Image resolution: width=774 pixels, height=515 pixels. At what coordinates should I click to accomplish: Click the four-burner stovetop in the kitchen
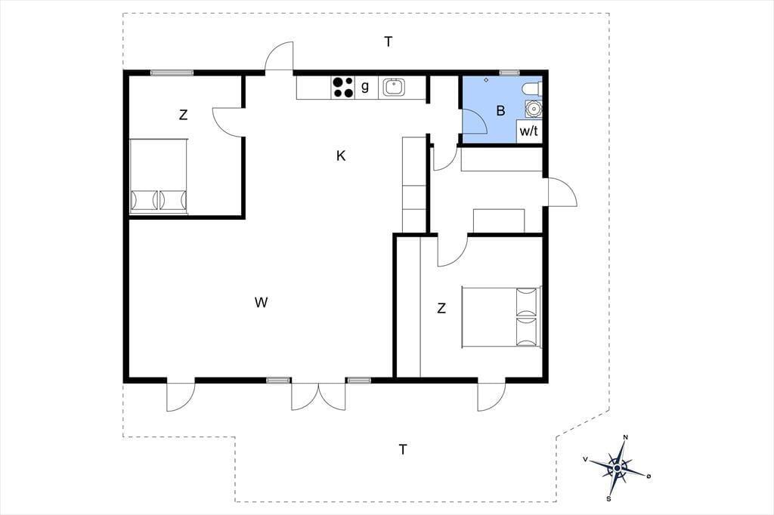pyautogui.click(x=343, y=88)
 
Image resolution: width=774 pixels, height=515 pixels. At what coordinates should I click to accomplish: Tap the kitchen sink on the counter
pyautogui.click(x=394, y=88)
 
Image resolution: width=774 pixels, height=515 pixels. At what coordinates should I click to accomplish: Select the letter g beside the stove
pyautogui.click(x=365, y=86)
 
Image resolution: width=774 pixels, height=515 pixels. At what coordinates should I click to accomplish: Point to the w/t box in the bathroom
pyautogui.click(x=528, y=131)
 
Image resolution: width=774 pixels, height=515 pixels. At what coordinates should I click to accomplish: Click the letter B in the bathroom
pyautogui.click(x=500, y=110)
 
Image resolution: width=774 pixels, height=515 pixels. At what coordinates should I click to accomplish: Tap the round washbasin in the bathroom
pyautogui.click(x=533, y=108)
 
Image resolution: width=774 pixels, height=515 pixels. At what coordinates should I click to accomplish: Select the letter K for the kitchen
pyautogui.click(x=341, y=156)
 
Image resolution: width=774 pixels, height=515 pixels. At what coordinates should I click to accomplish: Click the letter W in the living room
pyautogui.click(x=261, y=302)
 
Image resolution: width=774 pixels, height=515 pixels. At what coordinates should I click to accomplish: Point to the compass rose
pyautogui.click(x=618, y=468)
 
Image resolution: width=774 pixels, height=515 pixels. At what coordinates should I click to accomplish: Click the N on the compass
pyautogui.click(x=625, y=437)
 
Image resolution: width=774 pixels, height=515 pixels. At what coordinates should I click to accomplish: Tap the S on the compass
pyautogui.click(x=609, y=498)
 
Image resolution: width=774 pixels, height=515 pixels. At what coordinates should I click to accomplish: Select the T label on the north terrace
pyautogui.click(x=389, y=42)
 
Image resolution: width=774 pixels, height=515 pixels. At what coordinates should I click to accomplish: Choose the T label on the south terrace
pyautogui.click(x=404, y=450)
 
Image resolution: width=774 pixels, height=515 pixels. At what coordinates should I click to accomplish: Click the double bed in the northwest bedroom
pyautogui.click(x=159, y=176)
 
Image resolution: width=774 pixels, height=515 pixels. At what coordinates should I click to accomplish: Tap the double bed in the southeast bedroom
pyautogui.click(x=502, y=317)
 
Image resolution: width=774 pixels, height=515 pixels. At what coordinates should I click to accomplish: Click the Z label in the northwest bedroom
pyautogui.click(x=183, y=115)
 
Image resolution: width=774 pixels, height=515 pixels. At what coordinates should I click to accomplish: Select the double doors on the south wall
pyautogui.click(x=318, y=396)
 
